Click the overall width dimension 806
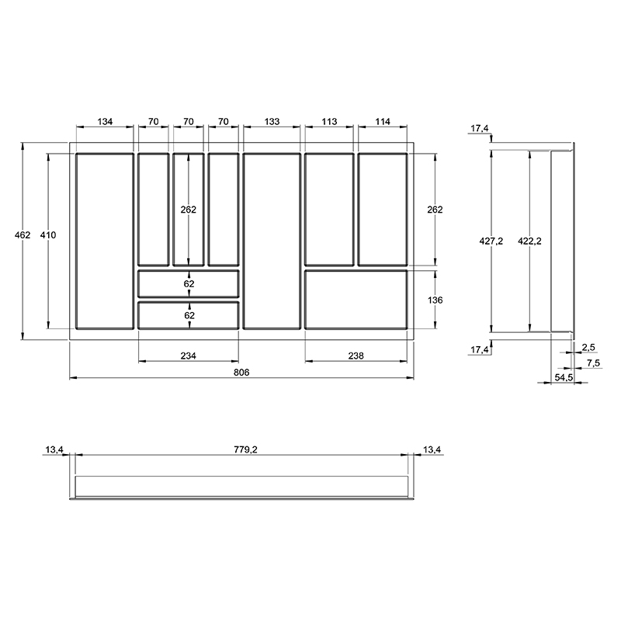point(241,373)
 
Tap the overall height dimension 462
point(23,235)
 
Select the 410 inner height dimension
point(48,235)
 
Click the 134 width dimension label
point(105,122)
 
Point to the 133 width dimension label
point(272,122)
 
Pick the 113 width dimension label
point(329,122)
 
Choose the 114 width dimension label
point(383,122)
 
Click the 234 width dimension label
point(189,356)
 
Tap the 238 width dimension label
point(356,356)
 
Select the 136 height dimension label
point(435,300)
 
